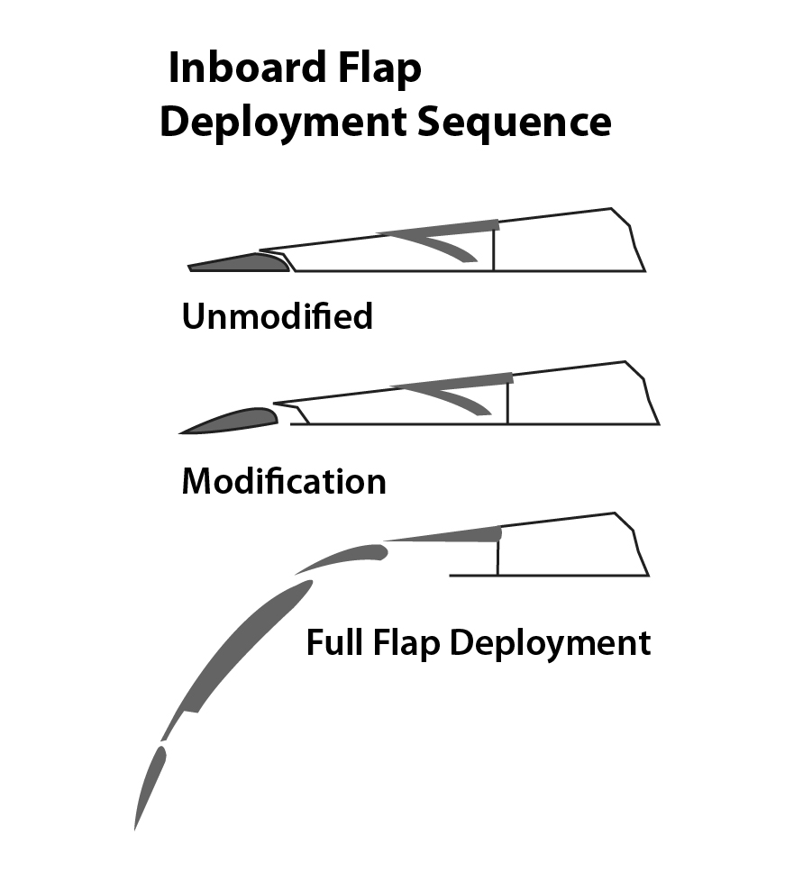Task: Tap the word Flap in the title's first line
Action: pos(379,69)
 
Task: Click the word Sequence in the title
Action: pos(514,123)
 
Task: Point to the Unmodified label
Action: pos(278,316)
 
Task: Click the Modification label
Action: pos(284,481)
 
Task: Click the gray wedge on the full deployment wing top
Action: pos(460,536)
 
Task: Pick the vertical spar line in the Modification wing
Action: pos(508,401)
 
